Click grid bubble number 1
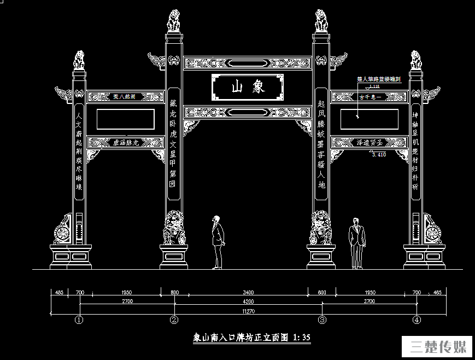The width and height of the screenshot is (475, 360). pos(80,320)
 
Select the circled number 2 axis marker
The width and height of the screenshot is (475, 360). pos(174,320)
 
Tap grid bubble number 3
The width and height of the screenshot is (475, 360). pos(322,320)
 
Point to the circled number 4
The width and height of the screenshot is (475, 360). pos(417,320)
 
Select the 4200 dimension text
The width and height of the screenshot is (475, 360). pos(248,301)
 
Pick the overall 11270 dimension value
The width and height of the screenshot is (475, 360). pos(248,311)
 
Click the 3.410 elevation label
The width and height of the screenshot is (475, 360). pos(378,155)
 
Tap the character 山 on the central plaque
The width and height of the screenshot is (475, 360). pos(237,86)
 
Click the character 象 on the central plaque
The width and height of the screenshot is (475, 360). pos(259,86)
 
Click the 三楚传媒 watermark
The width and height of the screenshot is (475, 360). pos(438,347)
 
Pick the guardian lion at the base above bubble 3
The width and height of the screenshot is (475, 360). pos(321,228)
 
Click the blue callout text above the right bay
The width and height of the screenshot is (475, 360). pos(379,79)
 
